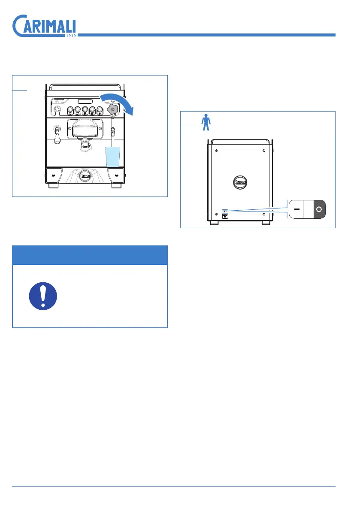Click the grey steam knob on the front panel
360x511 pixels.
112,109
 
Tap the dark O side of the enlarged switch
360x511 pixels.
318,209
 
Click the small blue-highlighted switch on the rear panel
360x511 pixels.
224,211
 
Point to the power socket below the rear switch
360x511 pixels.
224,217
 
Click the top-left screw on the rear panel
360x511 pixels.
216,150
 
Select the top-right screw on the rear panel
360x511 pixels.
263,150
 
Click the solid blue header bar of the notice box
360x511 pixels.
90,255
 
